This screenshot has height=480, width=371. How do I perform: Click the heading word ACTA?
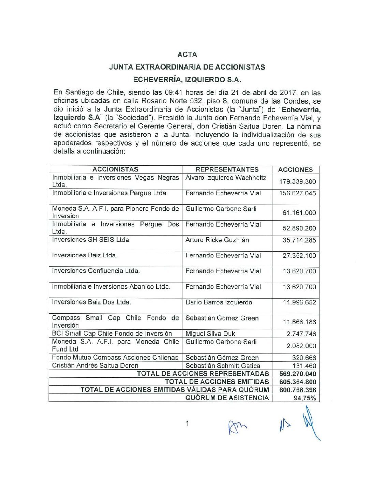pyautogui.click(x=187, y=55)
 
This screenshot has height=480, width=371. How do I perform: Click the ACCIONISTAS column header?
pyautogui.click(x=115, y=169)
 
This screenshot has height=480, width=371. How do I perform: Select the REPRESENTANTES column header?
pyautogui.click(x=227, y=169)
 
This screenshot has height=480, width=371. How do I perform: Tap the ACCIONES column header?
pyautogui.click(x=295, y=170)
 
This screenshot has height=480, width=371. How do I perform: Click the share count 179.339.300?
pyautogui.click(x=297, y=182)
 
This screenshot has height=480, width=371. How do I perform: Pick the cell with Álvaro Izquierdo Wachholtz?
pyautogui.click(x=226, y=178)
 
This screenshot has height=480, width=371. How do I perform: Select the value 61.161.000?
pyautogui.click(x=299, y=213)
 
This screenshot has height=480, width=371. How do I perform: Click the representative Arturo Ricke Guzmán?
pyautogui.click(x=217, y=240)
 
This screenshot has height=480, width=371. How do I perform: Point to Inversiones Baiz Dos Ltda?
pyautogui.click(x=91, y=302)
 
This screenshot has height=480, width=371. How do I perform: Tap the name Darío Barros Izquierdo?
pyautogui.click(x=219, y=302)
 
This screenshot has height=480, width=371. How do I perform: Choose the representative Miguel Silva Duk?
pyautogui.click(x=210, y=334)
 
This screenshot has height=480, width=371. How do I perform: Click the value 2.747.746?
pyautogui.click(x=301, y=334)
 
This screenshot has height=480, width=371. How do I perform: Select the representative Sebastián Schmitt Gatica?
pyautogui.click(x=223, y=366)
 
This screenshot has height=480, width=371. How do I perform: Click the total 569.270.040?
pyautogui.click(x=298, y=374)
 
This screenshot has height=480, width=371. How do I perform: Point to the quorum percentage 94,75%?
pyautogui.click(x=305, y=398)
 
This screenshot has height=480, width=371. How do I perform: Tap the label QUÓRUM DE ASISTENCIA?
pyautogui.click(x=227, y=398)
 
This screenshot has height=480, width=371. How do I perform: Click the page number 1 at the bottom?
pyautogui.click(x=187, y=424)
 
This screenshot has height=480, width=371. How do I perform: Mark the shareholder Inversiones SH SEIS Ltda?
pyautogui.click(x=91, y=240)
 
